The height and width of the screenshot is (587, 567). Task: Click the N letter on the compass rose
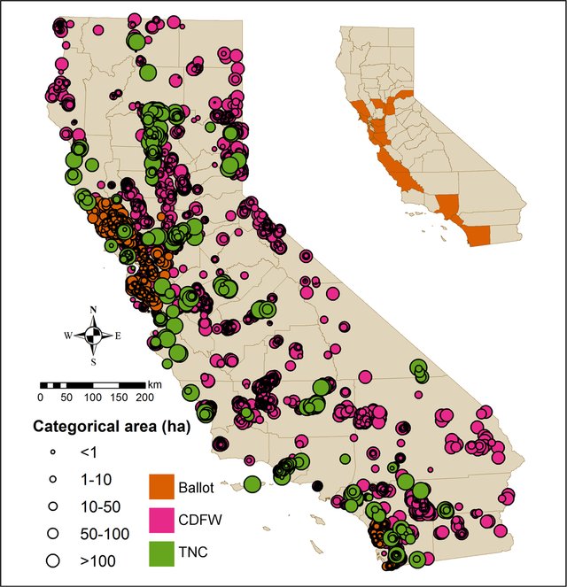[x=93, y=311]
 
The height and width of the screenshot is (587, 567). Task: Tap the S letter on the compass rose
[x=93, y=360]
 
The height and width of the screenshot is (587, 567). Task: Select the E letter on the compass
[x=119, y=336]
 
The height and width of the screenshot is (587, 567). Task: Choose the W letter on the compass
[x=67, y=336]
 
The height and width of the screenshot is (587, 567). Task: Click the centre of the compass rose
[x=93, y=336]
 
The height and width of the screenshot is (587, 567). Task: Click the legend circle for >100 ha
[x=52, y=560]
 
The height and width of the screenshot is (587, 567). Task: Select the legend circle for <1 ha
[x=52, y=452]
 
